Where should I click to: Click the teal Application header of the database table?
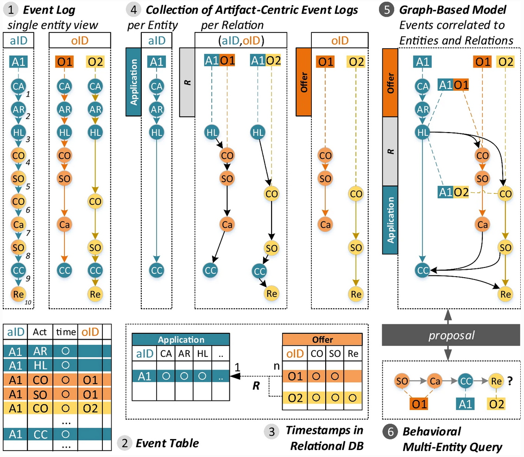click(x=181, y=339)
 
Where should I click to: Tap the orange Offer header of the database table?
click(x=323, y=339)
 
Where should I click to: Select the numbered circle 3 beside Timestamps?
click(x=271, y=431)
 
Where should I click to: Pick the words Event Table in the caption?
click(x=167, y=443)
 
